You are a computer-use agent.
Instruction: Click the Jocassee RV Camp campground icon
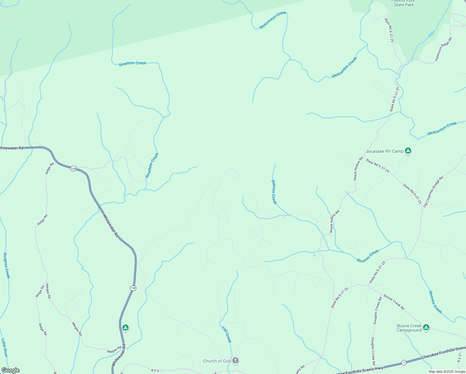[408, 151]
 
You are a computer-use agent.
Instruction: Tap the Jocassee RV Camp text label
[384, 151]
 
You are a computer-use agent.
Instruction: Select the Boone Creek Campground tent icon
[426, 328]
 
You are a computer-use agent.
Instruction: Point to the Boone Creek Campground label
[409, 328]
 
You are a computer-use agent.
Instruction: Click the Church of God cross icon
[235, 361]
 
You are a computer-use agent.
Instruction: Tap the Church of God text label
[217, 361]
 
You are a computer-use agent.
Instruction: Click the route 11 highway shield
[404, 362]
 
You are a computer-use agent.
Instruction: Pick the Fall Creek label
[227, 334]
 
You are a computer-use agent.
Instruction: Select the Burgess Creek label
[7, 266]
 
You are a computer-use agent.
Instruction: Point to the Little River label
[5, 348]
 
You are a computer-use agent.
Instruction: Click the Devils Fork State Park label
[404, 3]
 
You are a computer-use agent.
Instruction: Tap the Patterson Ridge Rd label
[443, 49]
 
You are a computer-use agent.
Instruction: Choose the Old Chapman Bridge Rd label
[433, 192]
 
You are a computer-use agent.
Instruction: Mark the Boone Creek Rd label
[394, 302]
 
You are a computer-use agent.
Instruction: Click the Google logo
[10, 370]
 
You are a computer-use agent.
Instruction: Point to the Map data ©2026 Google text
[447, 372]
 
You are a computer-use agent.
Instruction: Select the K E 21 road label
[460, 355]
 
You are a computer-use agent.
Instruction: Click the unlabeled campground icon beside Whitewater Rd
[125, 328]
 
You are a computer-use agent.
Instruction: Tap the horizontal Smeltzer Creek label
[132, 64]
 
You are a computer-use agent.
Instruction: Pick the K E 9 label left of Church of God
[155, 371]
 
